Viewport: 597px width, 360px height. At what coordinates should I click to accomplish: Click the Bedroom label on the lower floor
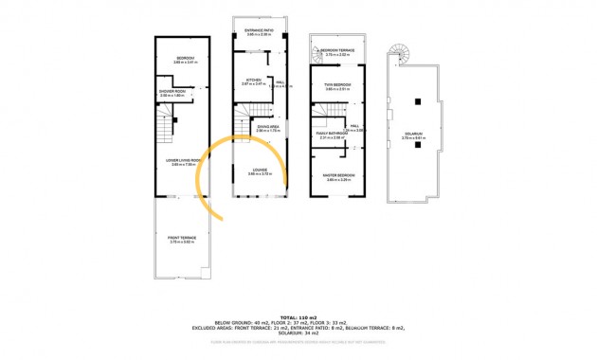tap(186, 59)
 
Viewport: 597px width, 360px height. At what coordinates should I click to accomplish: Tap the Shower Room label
tap(172, 92)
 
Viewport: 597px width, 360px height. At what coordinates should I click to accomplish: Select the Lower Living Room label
tap(178, 161)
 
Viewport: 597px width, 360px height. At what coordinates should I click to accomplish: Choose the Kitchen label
tap(253, 81)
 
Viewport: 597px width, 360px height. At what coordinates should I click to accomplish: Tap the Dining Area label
tap(267, 127)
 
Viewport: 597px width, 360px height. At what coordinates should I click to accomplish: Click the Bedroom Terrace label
tap(337, 51)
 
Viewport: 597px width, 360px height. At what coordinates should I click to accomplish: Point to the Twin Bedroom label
tap(338, 86)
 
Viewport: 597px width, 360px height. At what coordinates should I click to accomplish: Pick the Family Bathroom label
tap(328, 135)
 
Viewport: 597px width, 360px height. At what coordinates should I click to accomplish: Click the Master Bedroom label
tap(339, 176)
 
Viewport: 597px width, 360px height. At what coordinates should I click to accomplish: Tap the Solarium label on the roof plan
tap(413, 135)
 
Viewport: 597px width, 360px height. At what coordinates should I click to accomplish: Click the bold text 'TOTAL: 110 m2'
tap(298, 316)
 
